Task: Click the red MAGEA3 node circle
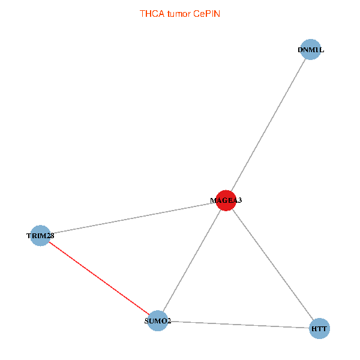pyautogui.click(x=226, y=200)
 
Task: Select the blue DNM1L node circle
pyautogui.click(x=310, y=50)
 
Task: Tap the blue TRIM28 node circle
pyautogui.click(x=40, y=236)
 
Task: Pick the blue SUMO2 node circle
pyautogui.click(x=157, y=321)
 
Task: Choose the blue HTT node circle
pyautogui.click(x=319, y=329)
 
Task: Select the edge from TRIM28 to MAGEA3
pyautogui.click(x=133, y=218)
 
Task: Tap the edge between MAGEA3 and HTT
pyautogui.click(x=272, y=265)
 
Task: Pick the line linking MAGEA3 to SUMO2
pyautogui.click(x=191, y=260)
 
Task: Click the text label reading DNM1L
pyautogui.click(x=310, y=50)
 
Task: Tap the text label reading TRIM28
pyautogui.click(x=40, y=236)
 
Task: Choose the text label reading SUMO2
pyautogui.click(x=158, y=321)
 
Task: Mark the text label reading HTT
pyautogui.click(x=319, y=329)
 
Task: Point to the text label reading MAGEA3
pyautogui.click(x=226, y=200)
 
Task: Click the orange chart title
pyautogui.click(x=179, y=13)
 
